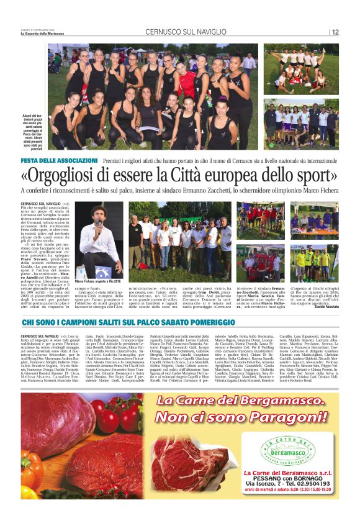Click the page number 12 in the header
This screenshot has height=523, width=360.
point(335,32)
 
